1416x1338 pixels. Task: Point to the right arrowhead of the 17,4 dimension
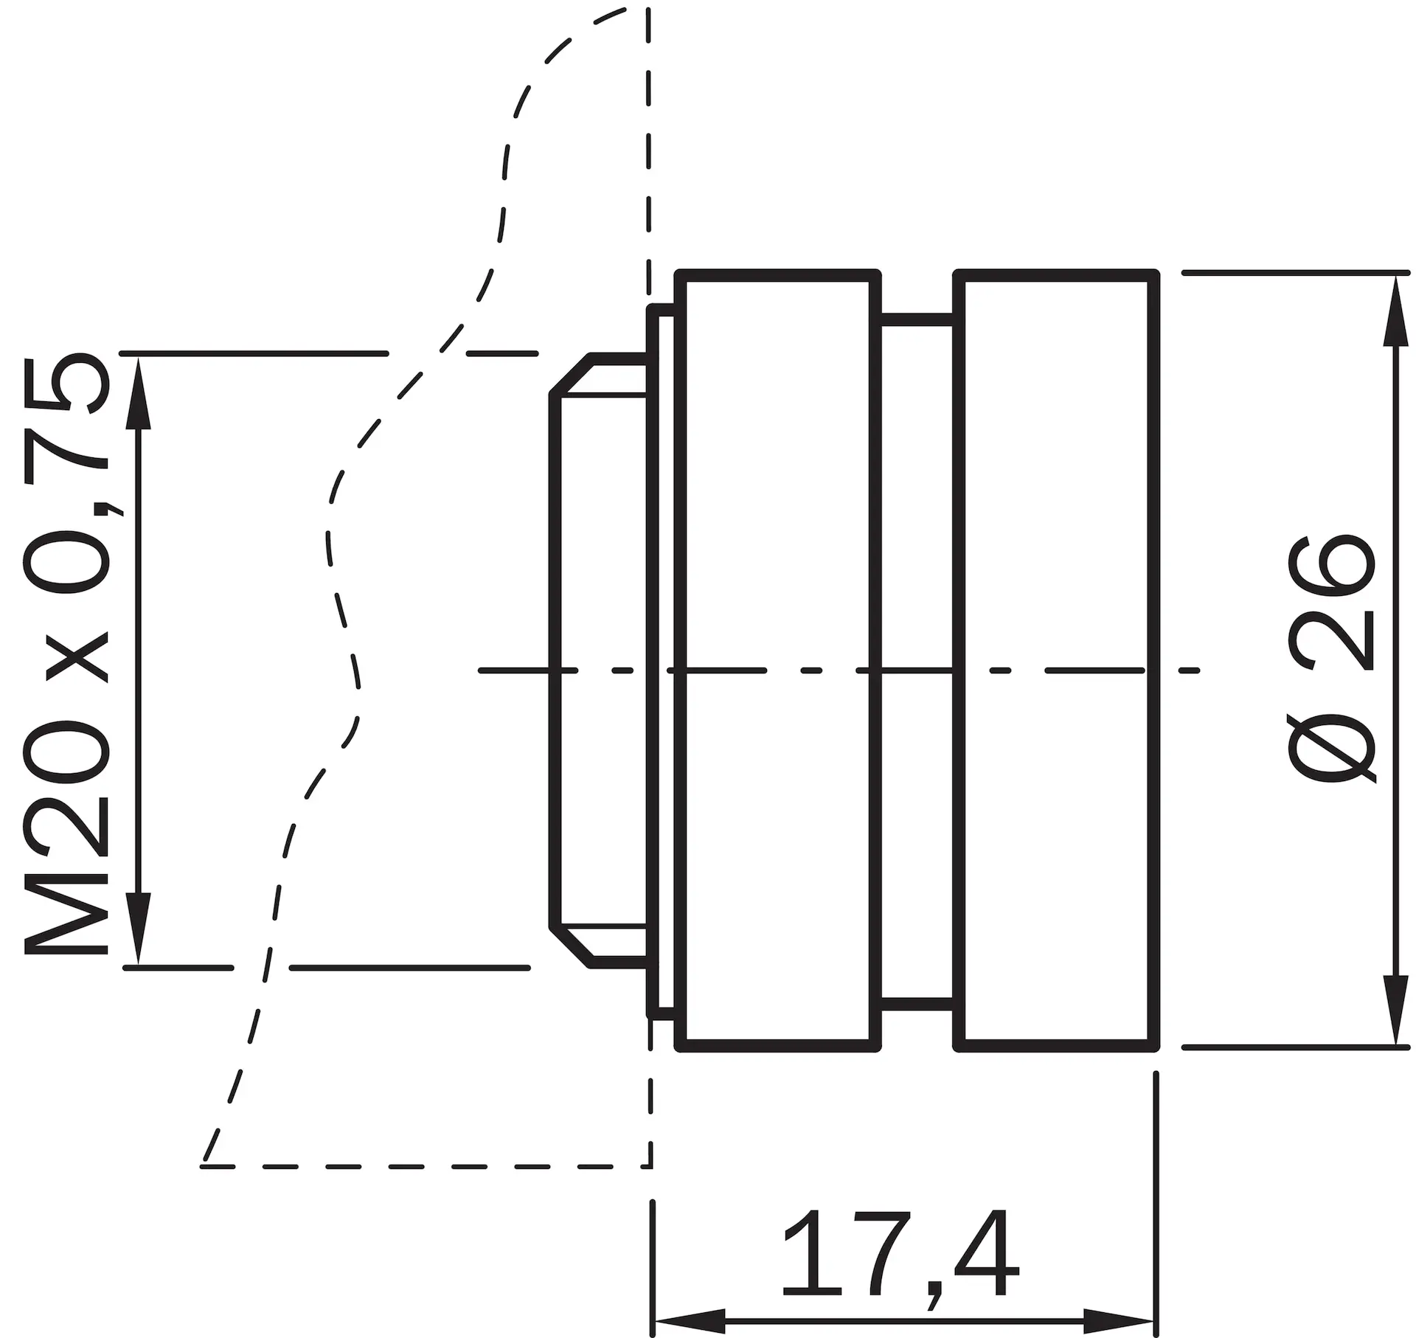pyautogui.click(x=1117, y=1321)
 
